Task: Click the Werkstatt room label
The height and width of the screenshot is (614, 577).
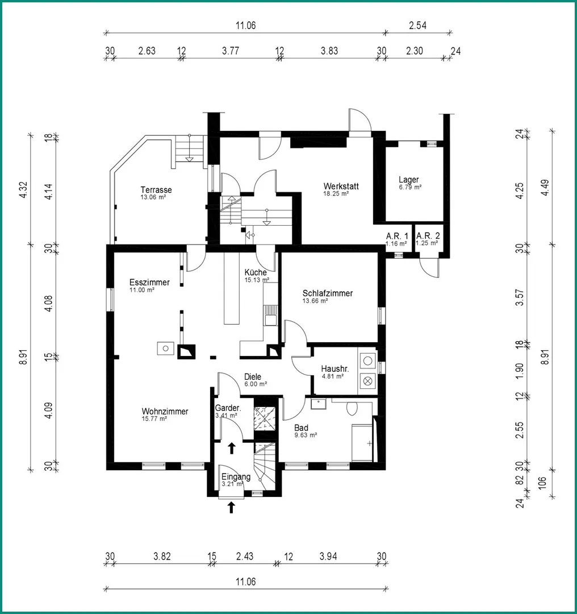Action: click(x=341, y=186)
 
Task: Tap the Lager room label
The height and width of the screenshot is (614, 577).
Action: click(x=409, y=180)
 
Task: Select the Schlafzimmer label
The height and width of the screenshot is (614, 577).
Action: click(x=328, y=293)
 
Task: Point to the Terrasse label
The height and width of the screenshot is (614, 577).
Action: click(x=156, y=190)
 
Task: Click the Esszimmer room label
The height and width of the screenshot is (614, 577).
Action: click(x=149, y=283)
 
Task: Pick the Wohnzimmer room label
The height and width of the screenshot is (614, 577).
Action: click(x=165, y=412)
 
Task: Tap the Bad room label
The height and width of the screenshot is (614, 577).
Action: click(x=301, y=428)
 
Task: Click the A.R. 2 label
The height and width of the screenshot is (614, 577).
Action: click(x=428, y=236)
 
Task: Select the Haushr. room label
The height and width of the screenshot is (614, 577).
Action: click(x=335, y=369)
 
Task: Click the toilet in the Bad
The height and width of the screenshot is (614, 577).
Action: click(x=352, y=408)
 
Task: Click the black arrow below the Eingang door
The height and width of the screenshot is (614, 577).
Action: click(x=231, y=508)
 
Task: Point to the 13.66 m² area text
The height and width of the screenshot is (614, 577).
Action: click(x=315, y=301)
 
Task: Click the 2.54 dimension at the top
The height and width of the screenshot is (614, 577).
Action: click(x=417, y=26)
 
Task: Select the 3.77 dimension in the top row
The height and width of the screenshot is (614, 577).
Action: click(x=231, y=51)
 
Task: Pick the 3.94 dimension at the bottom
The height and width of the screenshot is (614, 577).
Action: click(x=328, y=557)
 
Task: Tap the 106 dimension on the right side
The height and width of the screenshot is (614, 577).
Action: click(x=542, y=483)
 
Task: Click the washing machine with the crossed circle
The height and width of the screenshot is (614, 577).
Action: click(x=367, y=380)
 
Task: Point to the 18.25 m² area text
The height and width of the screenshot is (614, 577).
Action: click(x=336, y=193)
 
